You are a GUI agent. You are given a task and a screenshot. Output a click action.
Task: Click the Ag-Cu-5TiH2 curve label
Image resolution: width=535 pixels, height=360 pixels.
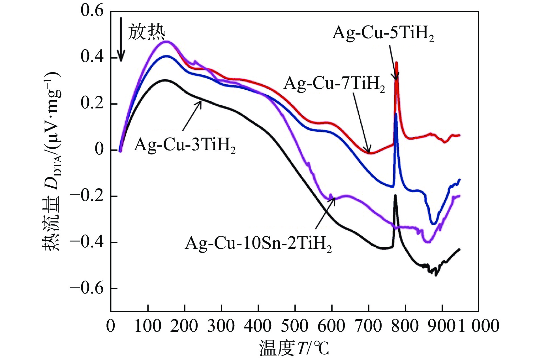pyautogui.click(x=383, y=33)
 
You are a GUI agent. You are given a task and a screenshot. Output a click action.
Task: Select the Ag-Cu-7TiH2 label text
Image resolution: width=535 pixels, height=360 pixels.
pyautogui.click(x=334, y=84)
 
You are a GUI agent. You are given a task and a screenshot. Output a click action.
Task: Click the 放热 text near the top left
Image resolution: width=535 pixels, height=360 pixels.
pyautogui.click(x=146, y=32)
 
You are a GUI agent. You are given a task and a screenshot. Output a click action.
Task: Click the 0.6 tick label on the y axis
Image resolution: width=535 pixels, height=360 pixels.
pyautogui.click(x=92, y=11)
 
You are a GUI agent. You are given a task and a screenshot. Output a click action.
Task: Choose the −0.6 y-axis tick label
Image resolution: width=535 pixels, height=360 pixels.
pyautogui.click(x=87, y=288)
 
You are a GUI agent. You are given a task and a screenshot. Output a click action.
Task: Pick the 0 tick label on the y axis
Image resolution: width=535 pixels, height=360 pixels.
pyautogui.click(x=99, y=150)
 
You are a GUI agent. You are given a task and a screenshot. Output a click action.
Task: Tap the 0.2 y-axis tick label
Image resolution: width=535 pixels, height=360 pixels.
pyautogui.click(x=92, y=104)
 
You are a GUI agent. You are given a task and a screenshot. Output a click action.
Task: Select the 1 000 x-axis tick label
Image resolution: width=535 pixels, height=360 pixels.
pyautogui.click(x=478, y=326)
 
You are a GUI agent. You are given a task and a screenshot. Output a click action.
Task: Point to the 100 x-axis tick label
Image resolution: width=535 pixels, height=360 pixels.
pyautogui.click(x=148, y=326)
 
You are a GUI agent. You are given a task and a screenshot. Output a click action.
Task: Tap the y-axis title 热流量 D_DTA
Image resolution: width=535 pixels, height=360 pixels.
pyautogui.click(x=52, y=161)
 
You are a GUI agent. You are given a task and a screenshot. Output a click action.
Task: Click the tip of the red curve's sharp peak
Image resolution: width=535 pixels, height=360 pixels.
pyautogui.click(x=397, y=63)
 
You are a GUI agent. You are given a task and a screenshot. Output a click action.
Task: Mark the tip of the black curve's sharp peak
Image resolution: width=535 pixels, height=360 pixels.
pyautogui.click(x=395, y=195)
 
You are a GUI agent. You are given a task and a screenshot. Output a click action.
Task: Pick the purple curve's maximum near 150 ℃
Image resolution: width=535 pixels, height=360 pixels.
pyautogui.click(x=166, y=41)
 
